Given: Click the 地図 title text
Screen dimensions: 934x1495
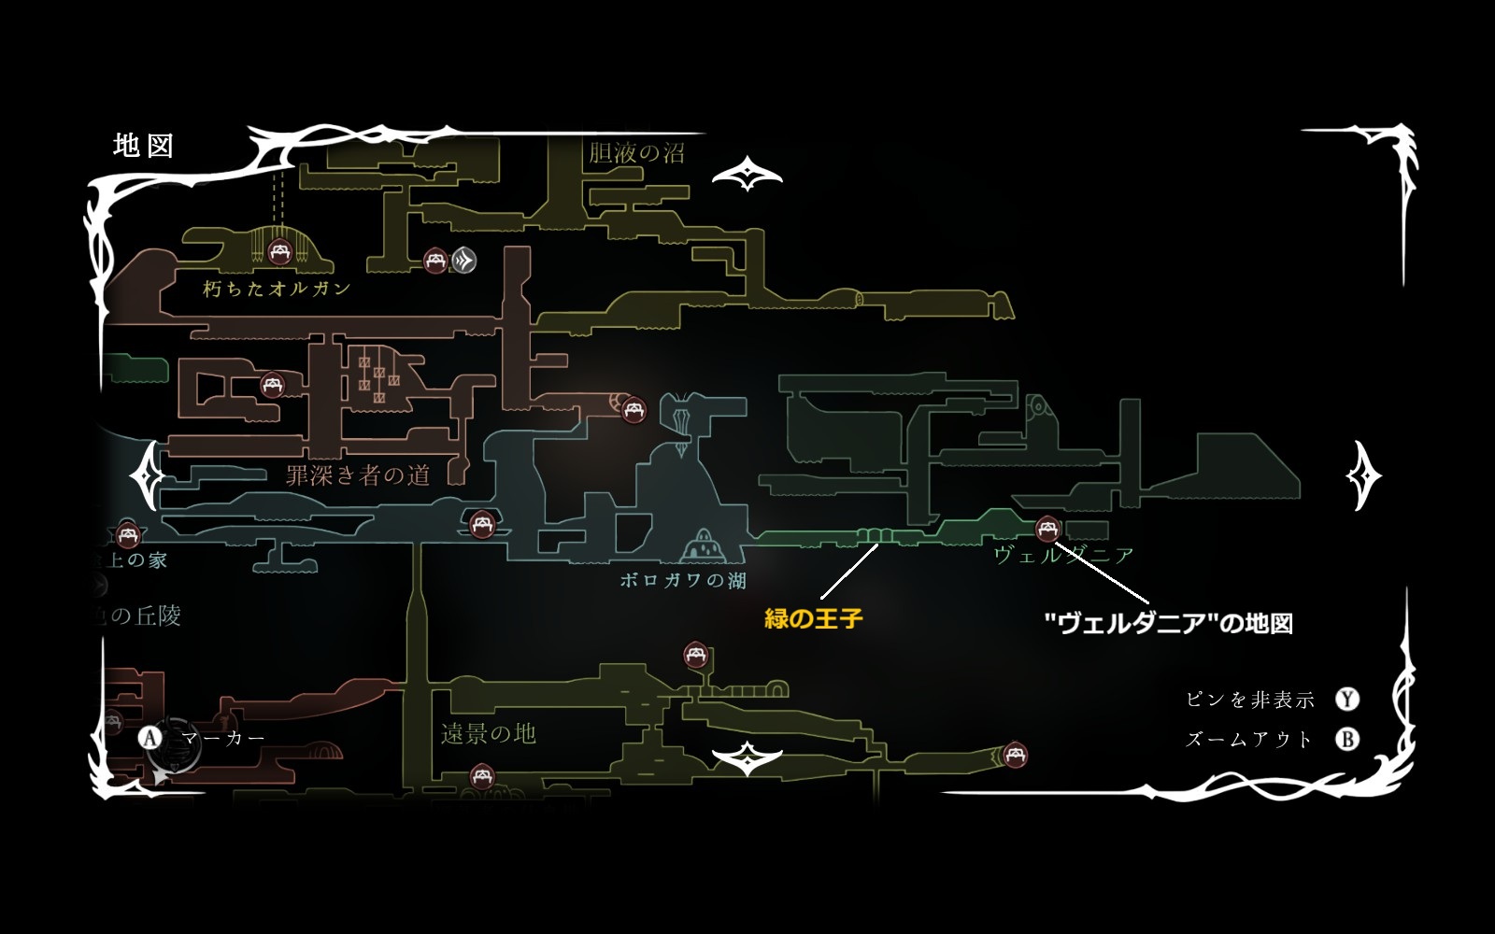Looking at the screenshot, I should pos(143,146).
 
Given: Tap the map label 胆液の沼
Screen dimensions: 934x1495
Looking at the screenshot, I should pos(636,152).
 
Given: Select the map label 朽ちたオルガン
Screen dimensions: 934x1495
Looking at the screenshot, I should pos(277,289).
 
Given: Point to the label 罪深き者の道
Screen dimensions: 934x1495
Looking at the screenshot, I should pos(358,475).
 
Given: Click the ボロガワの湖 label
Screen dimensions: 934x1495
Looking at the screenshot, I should pos(683,581).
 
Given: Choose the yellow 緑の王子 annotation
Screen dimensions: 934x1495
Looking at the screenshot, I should pos(813,618).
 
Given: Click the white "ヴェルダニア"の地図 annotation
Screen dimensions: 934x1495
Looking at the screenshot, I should pos(1168,624).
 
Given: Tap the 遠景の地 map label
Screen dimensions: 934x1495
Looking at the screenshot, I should pos(488,734).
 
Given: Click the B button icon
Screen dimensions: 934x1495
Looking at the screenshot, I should pos(1346,740).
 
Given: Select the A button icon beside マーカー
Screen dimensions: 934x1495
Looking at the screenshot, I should pos(150,738).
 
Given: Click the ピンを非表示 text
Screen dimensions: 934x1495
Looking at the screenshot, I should pos(1249,700).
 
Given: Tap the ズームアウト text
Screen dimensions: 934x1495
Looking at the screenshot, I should pos(1249,740).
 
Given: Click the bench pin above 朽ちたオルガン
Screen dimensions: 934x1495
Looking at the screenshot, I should pos(278,251).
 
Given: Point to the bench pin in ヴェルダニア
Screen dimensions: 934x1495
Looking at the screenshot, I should pos(1047,529).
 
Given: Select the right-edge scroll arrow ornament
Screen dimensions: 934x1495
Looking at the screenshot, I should pos(1363,476).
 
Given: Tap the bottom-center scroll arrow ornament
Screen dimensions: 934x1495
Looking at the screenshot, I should pos(747,760).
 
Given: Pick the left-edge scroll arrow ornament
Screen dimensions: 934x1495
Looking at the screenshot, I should pos(148,475).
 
